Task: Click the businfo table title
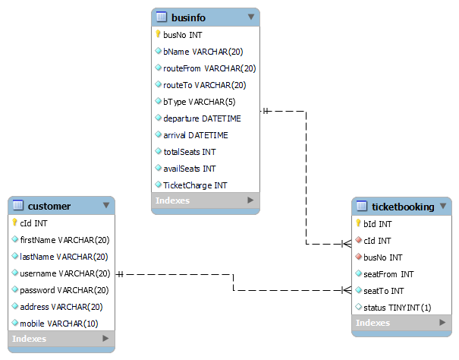(188, 17)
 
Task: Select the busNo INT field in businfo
(182, 35)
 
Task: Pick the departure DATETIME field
(202, 118)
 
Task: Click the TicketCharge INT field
(195, 185)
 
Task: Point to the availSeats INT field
(190, 168)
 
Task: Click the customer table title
(49, 206)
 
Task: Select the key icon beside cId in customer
(15, 223)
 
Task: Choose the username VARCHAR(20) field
(64, 273)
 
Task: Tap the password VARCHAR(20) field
(64, 290)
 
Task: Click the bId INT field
(377, 224)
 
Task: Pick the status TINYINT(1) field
(398, 307)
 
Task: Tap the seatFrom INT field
(388, 274)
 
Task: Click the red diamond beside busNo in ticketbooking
(360, 257)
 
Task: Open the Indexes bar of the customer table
(61, 339)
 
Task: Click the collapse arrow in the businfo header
(251, 17)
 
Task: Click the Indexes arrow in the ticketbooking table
(442, 324)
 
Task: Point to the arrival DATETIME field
(195, 135)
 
